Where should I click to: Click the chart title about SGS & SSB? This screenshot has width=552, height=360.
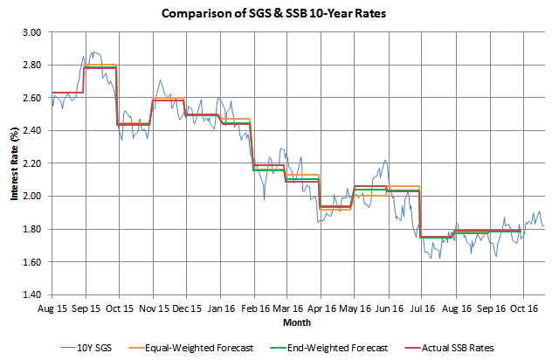[275, 14]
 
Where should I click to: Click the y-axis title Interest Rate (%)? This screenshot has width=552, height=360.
[15, 163]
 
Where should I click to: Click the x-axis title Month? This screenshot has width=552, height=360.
[297, 322]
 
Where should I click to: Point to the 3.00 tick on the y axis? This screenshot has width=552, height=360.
[31, 32]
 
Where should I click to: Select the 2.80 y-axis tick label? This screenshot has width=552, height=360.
[31, 66]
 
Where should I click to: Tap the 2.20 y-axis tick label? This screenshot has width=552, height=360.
[31, 163]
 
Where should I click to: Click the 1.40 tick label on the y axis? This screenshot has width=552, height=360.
[31, 294]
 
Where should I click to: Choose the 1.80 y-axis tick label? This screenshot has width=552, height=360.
[31, 229]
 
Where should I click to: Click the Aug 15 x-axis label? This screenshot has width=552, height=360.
[52, 308]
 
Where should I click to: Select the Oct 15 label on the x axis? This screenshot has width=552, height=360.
[119, 308]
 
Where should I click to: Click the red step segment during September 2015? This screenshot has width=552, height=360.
[101, 67]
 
